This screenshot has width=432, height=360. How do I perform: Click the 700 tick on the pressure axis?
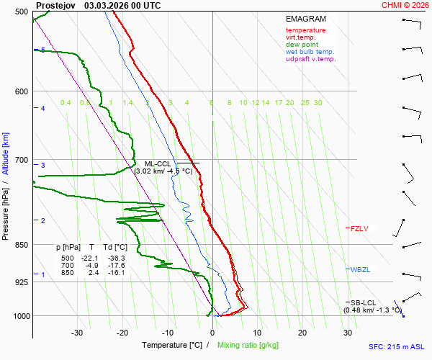[21, 160]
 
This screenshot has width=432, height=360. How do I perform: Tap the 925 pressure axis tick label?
[21, 282]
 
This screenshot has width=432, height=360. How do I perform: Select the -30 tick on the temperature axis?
[77, 333]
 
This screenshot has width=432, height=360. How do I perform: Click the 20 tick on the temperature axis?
[302, 333]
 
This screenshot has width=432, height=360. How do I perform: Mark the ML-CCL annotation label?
[158, 164]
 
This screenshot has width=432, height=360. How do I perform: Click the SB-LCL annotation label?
[364, 302]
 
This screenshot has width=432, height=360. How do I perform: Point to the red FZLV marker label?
[359, 228]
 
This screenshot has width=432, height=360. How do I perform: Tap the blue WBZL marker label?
[360, 269]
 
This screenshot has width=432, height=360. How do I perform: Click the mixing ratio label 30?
[318, 103]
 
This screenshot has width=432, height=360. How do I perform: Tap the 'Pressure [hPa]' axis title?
[6, 216]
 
